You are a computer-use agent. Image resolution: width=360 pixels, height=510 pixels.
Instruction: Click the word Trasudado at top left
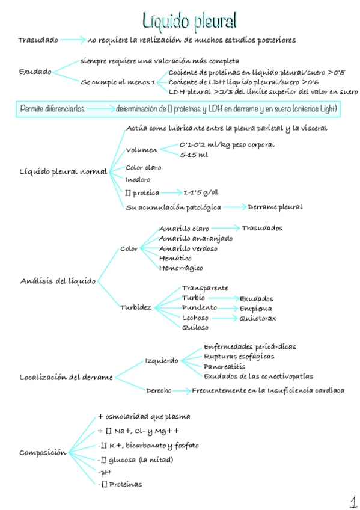[38, 40]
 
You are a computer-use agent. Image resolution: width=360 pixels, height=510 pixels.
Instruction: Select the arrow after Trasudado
[73, 40]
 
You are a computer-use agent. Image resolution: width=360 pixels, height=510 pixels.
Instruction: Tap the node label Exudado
[35, 72]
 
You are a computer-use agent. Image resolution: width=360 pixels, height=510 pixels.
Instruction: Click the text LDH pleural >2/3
[198, 92]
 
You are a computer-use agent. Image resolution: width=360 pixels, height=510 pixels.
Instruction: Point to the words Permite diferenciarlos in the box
[52, 109]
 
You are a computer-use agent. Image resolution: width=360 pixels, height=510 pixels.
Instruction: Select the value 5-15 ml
[194, 155]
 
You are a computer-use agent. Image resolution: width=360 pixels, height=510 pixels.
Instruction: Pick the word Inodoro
[138, 180]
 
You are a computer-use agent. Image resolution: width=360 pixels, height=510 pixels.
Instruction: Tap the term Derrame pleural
[275, 207]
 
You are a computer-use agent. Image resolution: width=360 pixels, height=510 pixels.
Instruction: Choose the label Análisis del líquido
[58, 281]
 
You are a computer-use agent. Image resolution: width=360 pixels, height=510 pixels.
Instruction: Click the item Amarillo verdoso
[188, 248]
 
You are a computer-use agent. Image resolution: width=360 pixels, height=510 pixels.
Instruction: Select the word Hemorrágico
[181, 268]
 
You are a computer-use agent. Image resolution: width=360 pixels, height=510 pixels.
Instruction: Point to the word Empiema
[255, 309]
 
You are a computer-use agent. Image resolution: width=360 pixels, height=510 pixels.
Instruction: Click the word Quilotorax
[258, 318]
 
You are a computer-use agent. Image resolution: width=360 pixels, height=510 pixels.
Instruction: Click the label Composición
[43, 452]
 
